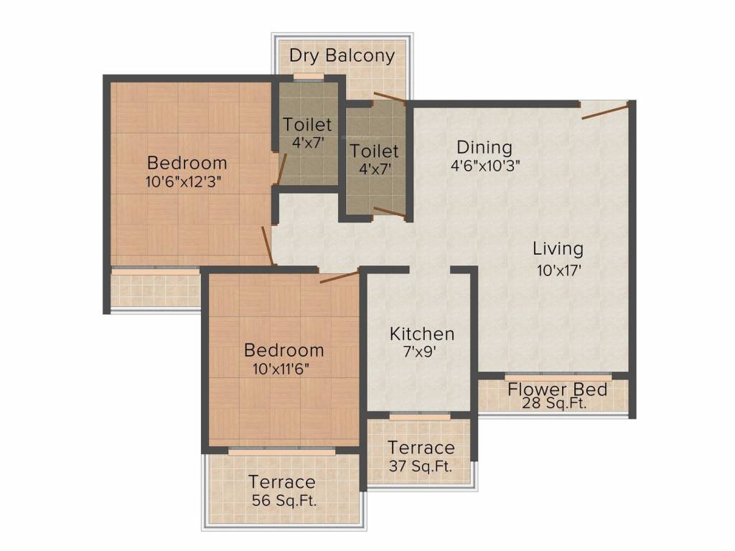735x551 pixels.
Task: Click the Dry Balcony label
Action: [342, 56]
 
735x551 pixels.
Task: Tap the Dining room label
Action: [484, 148]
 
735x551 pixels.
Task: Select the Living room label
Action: [558, 249]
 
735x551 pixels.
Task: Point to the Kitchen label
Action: [421, 334]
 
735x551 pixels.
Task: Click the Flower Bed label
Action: [557, 390]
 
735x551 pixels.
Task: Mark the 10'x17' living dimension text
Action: [558, 270]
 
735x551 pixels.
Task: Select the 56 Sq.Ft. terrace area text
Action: [284, 501]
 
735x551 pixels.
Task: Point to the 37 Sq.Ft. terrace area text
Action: [421, 466]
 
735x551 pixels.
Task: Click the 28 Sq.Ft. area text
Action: [557, 404]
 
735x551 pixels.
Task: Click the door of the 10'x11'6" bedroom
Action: [338, 277]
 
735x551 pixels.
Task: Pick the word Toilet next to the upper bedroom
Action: [307, 124]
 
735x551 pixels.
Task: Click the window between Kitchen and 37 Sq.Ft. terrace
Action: [420, 415]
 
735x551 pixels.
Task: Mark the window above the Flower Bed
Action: [558, 376]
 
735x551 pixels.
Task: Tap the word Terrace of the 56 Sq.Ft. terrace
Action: [282, 481]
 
